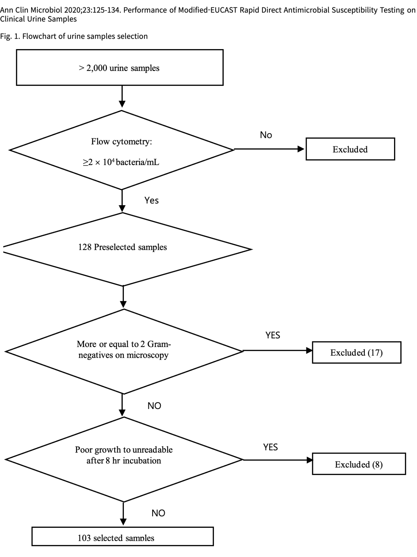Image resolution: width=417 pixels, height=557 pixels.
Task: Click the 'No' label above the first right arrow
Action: coord(266,135)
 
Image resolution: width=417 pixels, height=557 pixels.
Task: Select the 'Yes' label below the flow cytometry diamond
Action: coord(152,200)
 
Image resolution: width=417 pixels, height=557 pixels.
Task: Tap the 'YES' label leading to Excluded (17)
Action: coord(273,335)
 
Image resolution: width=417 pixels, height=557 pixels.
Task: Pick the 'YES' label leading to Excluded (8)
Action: coord(270,447)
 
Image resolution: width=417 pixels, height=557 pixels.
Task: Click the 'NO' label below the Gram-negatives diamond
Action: coord(154,406)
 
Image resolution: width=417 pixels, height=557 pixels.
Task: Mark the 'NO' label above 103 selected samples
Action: coord(158,513)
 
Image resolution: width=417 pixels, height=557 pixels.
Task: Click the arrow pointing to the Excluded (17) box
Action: coord(278,351)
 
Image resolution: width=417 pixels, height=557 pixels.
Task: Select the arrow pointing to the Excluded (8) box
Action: coord(278,460)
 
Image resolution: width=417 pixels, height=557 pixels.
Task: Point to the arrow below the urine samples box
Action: coord(122,97)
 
